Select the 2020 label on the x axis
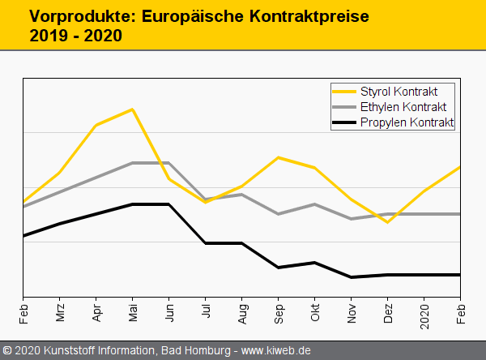pyautogui.click(x=424, y=313)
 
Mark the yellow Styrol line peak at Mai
pyautogui.click(x=132, y=109)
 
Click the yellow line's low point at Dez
pyautogui.click(x=388, y=221)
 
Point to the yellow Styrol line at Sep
pyautogui.click(x=279, y=157)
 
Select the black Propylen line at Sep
pyautogui.click(x=279, y=268)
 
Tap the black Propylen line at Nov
pyautogui.click(x=352, y=277)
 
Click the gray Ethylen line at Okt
pyautogui.click(x=315, y=204)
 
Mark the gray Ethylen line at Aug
pyautogui.click(x=241, y=195)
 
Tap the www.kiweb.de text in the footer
pyautogui.click(x=276, y=351)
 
